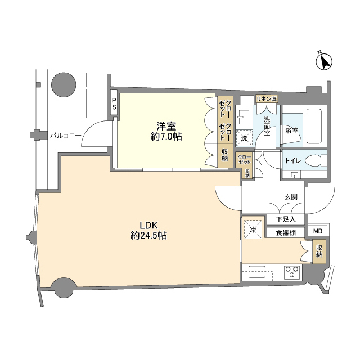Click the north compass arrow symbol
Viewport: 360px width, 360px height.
(x=324, y=61)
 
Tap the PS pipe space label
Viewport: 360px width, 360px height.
(x=114, y=103)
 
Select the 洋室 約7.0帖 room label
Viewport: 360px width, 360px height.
(x=166, y=131)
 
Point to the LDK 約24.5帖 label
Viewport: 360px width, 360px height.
(x=148, y=231)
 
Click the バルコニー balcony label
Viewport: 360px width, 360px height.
(x=66, y=136)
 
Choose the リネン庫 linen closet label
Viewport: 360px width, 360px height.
(x=267, y=99)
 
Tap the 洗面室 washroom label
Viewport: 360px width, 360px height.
(x=267, y=126)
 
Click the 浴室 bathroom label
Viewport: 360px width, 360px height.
(x=291, y=130)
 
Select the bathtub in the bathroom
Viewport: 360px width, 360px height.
(x=315, y=126)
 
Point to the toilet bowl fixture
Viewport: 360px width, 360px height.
(x=316, y=160)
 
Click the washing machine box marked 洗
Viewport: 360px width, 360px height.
(x=244, y=138)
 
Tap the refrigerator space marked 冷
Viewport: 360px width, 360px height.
(x=253, y=229)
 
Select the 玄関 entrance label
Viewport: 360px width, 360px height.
(x=291, y=197)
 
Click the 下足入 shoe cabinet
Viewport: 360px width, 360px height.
(x=286, y=219)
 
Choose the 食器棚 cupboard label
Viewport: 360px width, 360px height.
(x=286, y=233)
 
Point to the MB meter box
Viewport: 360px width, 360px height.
(x=318, y=231)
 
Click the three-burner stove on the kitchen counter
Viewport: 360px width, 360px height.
(x=292, y=272)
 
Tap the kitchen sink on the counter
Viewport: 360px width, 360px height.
(x=257, y=272)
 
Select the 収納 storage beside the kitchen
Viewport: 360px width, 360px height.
(x=319, y=251)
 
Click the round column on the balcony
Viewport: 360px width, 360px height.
(x=64, y=85)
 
